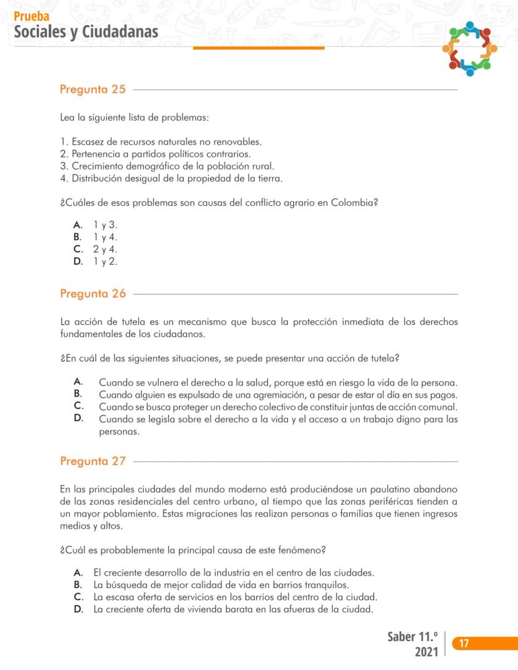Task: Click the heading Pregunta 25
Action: click(93, 89)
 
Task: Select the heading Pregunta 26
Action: click(93, 293)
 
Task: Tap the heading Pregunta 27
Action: click(93, 462)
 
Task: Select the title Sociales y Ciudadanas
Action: click(86, 31)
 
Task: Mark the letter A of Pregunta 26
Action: click(78, 380)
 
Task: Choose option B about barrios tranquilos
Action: click(230, 585)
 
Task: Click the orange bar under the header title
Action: click(258, 48)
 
